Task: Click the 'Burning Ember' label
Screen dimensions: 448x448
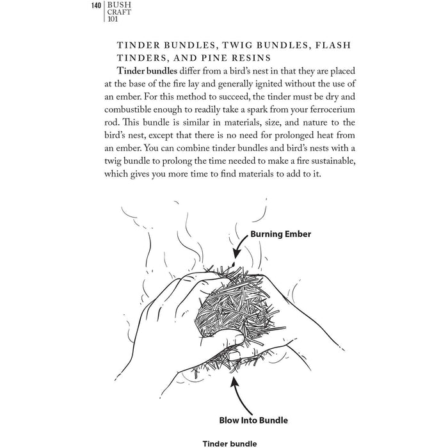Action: pyautogui.click(x=281, y=234)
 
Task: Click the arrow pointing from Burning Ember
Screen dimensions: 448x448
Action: pyautogui.click(x=239, y=244)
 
